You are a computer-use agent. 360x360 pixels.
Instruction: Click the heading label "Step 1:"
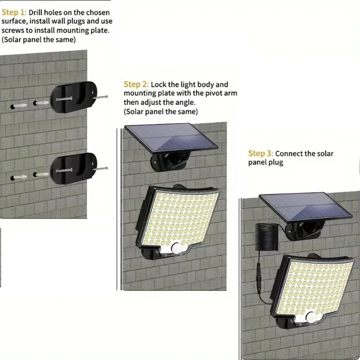click(x=14, y=13)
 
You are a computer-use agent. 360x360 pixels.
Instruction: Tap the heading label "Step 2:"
click(x=136, y=85)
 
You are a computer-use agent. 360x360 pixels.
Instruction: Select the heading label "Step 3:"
click(x=261, y=154)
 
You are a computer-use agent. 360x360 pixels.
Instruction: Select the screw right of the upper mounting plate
click(x=101, y=95)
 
